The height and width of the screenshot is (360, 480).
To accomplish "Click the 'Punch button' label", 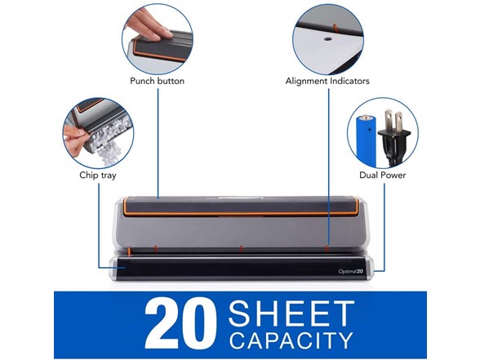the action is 157,81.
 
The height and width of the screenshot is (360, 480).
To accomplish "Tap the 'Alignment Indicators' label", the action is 327,81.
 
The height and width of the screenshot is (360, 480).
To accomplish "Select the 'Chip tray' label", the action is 98,176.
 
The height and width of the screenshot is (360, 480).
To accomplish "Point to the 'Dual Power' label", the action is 382,175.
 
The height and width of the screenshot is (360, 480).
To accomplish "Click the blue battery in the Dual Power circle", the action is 367,140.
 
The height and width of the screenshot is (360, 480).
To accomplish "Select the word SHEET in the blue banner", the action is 291,313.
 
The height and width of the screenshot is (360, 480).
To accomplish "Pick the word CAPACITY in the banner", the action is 291,340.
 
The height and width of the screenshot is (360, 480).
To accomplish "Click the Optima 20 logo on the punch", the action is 351,271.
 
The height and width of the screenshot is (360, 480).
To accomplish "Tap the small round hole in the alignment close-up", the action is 328,39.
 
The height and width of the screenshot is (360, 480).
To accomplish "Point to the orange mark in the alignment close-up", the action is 335,28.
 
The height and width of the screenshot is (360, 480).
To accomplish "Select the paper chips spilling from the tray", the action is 109,140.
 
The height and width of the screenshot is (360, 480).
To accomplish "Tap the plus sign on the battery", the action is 370,130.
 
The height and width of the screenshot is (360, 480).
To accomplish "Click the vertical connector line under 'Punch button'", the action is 158,144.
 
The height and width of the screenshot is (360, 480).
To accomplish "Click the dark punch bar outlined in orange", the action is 242,206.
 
